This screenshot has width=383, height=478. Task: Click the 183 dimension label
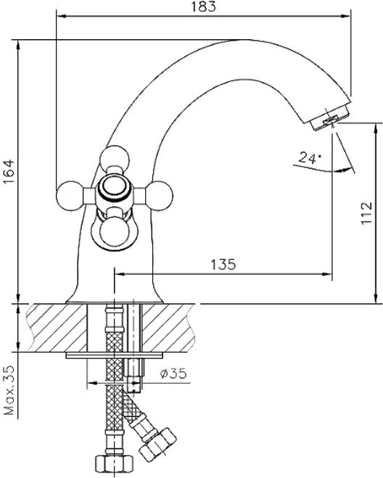[x=203, y=7]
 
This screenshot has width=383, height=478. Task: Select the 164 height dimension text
[x=9, y=171]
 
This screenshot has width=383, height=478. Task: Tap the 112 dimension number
[x=366, y=213]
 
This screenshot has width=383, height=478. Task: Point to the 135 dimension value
[x=223, y=264]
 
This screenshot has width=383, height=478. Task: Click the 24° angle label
[x=309, y=157]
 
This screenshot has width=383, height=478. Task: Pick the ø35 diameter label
[x=173, y=373]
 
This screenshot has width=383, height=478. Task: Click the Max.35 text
[x=9, y=390]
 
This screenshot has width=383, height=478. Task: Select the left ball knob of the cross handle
[x=70, y=195]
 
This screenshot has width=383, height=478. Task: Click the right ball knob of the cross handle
[x=159, y=195]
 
